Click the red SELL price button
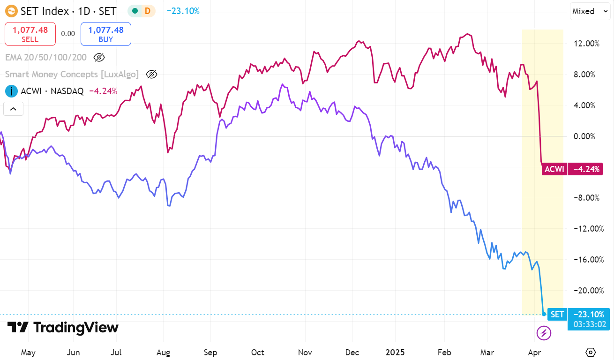tap(30, 34)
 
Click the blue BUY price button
tap(106, 34)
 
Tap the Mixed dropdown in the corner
tap(589, 11)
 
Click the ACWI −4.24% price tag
tap(571, 169)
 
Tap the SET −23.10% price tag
tap(579, 315)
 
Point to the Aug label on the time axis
tap(163, 352)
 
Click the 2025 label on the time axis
tap(394, 352)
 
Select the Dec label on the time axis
tap(352, 352)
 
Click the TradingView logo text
tap(63, 328)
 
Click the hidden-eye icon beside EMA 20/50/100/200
tap(99, 58)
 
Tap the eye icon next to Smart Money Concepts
tap(151, 74)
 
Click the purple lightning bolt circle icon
tap(544, 333)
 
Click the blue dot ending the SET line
tap(544, 314)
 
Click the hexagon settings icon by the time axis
tap(591, 352)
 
